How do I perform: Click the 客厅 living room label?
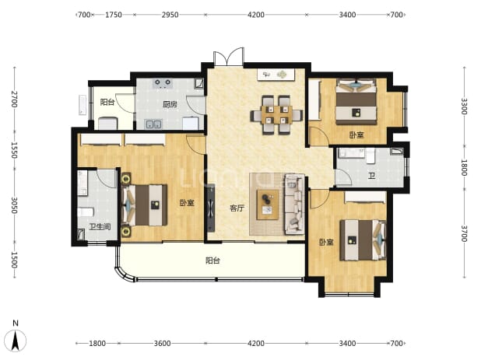(x=237, y=208)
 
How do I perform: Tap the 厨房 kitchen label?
(x=170, y=104)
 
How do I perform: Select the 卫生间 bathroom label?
(x=100, y=227)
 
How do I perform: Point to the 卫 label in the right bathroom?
(x=371, y=176)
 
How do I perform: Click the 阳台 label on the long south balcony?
(x=212, y=260)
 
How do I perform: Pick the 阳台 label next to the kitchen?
(x=107, y=102)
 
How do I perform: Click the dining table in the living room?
(x=276, y=114)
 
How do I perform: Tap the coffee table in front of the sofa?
(x=268, y=204)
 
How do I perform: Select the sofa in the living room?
(x=294, y=204)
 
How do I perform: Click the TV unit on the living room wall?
(x=211, y=208)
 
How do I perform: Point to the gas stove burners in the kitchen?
(x=163, y=82)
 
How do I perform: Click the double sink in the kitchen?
(x=153, y=124)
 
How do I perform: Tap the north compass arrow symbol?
(x=16, y=341)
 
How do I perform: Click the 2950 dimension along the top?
(x=170, y=15)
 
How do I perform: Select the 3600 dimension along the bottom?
(x=162, y=343)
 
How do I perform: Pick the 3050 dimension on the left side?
(x=14, y=205)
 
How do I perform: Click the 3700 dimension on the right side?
(x=464, y=233)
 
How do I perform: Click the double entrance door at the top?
(x=229, y=57)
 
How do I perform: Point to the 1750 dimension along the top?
(x=114, y=15)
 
